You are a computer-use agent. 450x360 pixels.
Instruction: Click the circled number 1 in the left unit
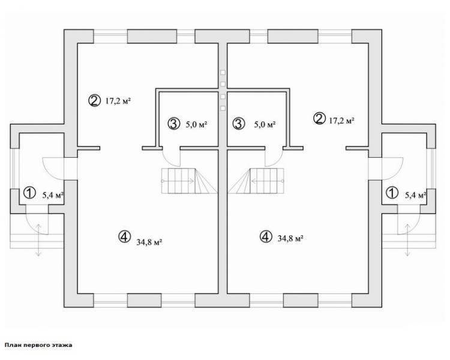coord(29,193)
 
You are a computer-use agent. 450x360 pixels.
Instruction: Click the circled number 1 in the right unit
coord(392,193)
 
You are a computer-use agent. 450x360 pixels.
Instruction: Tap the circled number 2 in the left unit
coord(94,100)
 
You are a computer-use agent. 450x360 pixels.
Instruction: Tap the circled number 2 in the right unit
coord(319,118)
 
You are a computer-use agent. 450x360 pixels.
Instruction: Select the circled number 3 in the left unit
coord(173,124)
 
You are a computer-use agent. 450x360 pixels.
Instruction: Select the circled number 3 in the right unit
coord(238,124)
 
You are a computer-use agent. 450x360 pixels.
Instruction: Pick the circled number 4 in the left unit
coord(125,236)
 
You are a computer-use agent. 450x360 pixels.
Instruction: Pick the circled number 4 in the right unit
coord(265,236)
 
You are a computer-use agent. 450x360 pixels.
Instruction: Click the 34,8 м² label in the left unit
coord(149,242)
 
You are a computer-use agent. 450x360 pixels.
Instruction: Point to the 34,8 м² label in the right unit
coord(290,238)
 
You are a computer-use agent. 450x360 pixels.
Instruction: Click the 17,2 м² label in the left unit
coord(118,101)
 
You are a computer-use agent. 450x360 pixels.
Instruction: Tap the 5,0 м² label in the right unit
coord(265,125)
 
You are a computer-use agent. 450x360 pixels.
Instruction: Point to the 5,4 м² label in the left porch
coord(53,196)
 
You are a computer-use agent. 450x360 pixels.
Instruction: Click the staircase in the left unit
coord(189,181)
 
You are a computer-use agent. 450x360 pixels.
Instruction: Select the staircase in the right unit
coord(256,181)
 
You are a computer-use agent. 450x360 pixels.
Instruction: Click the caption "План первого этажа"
coord(38,345)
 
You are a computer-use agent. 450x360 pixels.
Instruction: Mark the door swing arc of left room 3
coord(169,162)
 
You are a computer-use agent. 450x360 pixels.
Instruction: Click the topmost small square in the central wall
coord(223,73)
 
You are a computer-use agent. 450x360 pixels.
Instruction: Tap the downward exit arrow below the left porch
coord(38,240)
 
